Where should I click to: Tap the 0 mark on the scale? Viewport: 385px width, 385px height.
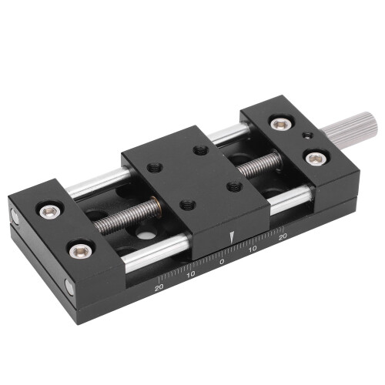222,262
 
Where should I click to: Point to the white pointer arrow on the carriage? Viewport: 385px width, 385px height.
232,237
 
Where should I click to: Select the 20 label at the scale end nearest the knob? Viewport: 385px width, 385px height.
283,236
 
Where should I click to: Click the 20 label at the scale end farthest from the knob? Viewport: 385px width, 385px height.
159,287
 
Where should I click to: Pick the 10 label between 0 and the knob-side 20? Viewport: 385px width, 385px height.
253,249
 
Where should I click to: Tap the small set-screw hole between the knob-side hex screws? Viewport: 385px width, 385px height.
307,136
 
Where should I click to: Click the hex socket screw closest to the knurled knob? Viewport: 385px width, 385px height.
316,159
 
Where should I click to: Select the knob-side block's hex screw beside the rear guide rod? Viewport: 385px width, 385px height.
282,125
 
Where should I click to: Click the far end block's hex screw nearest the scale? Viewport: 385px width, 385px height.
80,251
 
